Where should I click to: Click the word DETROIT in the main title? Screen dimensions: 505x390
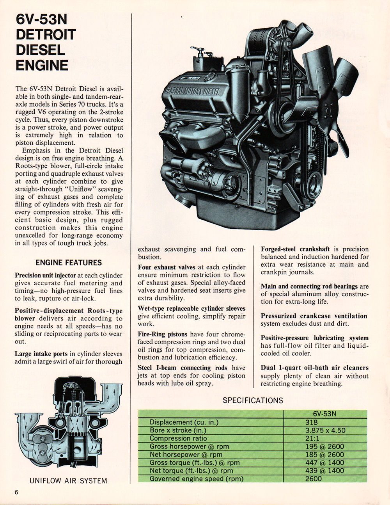[x=45, y=34]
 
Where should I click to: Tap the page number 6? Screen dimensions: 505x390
[x=17, y=492]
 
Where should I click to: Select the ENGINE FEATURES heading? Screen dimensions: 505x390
[x=69, y=263]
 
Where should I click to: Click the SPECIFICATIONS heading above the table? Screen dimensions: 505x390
[x=253, y=400]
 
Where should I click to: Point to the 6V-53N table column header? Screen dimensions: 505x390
[x=324, y=414]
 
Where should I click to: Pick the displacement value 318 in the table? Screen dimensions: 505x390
[x=312, y=422]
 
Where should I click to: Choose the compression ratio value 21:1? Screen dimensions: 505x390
[x=313, y=438]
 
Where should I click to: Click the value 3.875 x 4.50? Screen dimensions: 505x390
[x=325, y=430]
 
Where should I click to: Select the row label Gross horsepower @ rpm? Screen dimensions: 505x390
[x=189, y=446]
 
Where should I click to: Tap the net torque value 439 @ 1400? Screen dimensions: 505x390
[x=325, y=471]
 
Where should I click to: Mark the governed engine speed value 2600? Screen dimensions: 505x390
[x=314, y=478]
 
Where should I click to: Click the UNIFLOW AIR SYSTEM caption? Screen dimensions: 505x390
[x=68, y=480]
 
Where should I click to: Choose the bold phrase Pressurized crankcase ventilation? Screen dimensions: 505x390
[x=314, y=316]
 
